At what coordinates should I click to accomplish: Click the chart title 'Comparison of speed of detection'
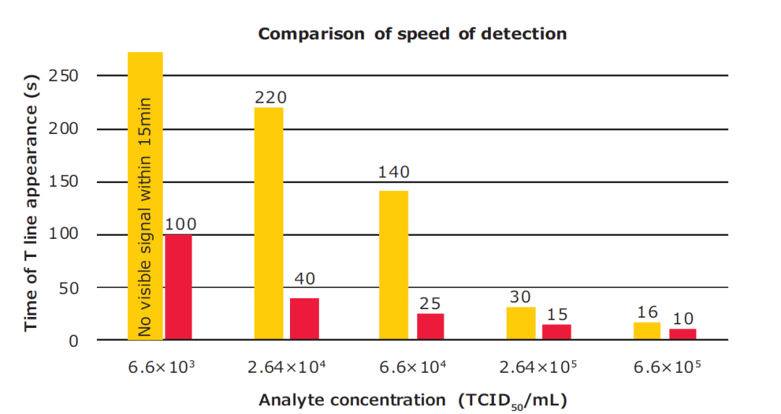click(x=412, y=33)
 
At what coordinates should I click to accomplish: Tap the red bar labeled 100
click(x=179, y=287)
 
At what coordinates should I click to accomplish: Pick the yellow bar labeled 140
click(x=394, y=265)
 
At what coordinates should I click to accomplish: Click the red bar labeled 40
click(x=304, y=318)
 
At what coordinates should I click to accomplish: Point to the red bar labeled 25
click(x=430, y=326)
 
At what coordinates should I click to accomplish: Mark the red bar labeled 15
click(x=557, y=331)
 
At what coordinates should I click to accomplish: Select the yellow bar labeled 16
click(x=647, y=331)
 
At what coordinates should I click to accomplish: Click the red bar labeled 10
click(x=683, y=334)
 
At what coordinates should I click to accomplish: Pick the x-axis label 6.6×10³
click(x=163, y=368)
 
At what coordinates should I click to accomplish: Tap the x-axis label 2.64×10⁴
click(x=286, y=368)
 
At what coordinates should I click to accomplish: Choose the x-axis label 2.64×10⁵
click(x=539, y=368)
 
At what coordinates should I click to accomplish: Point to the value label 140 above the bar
click(x=394, y=172)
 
